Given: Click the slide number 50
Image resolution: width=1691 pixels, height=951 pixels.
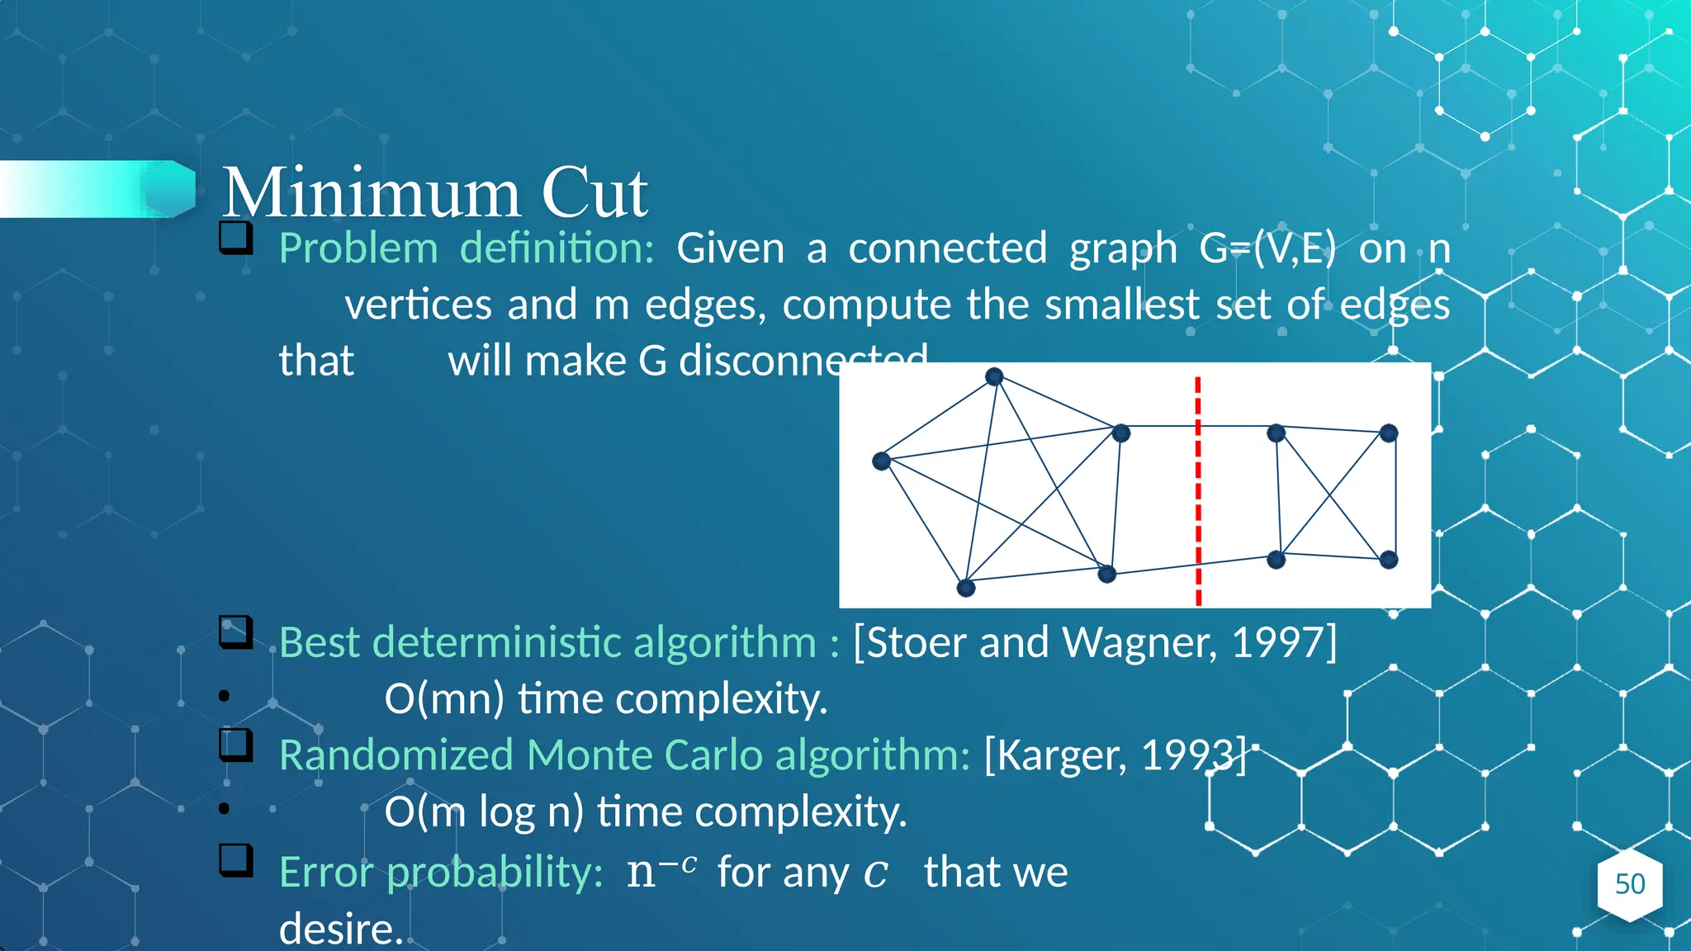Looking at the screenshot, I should coord(1629,884).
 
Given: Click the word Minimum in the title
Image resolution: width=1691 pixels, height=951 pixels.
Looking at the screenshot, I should coord(371,193).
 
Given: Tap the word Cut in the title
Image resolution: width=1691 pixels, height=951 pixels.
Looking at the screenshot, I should coord(594,193).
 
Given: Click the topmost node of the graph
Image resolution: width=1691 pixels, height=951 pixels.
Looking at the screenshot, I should coord(994,377).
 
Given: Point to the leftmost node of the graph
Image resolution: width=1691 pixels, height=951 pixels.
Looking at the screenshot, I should coord(881,461).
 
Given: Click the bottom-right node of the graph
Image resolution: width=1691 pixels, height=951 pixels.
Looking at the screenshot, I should coord(1389,560).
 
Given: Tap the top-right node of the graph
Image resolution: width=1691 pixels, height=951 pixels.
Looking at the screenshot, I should coord(1389,433).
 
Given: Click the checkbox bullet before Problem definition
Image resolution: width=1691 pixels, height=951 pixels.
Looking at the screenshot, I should coord(236,238).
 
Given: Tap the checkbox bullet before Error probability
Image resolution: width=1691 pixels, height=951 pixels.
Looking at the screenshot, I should coord(236,860).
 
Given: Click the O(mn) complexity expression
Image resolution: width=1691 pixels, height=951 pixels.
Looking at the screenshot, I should coord(444,699).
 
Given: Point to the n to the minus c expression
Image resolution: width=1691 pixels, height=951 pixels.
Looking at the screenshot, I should coord(661,871).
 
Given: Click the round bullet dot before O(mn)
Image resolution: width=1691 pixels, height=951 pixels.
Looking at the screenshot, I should coord(224,696).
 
